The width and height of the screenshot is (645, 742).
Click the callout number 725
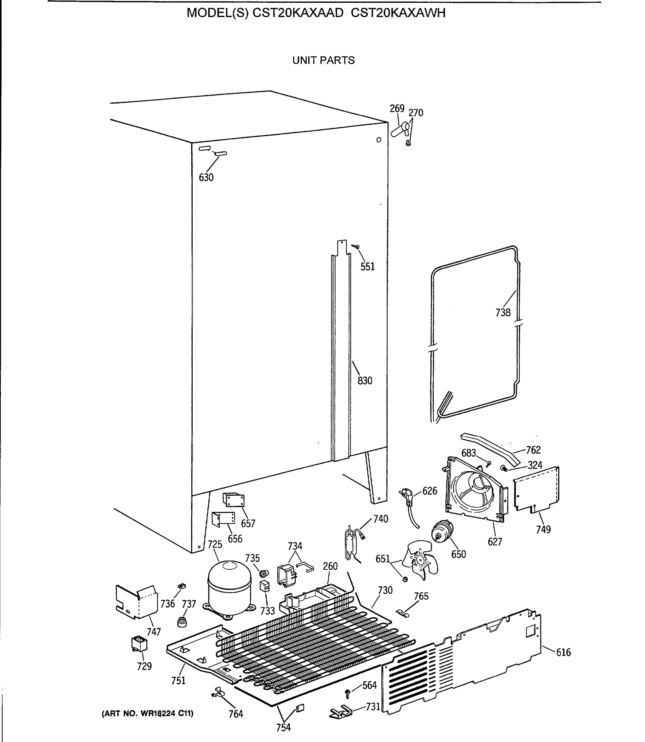click(x=215, y=544)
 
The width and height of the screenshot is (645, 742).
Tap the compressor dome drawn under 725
click(x=229, y=586)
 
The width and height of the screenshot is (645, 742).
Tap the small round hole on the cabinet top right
click(x=379, y=140)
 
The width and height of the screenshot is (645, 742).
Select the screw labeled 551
click(x=356, y=247)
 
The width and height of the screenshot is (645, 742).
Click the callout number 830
click(x=365, y=381)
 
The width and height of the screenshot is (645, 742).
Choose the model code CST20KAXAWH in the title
click(x=398, y=13)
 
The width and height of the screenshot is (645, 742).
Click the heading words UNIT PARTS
click(x=323, y=60)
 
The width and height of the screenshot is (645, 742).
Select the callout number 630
click(x=206, y=177)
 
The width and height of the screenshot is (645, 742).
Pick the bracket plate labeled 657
click(x=234, y=500)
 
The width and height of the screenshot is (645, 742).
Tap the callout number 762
click(x=533, y=450)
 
